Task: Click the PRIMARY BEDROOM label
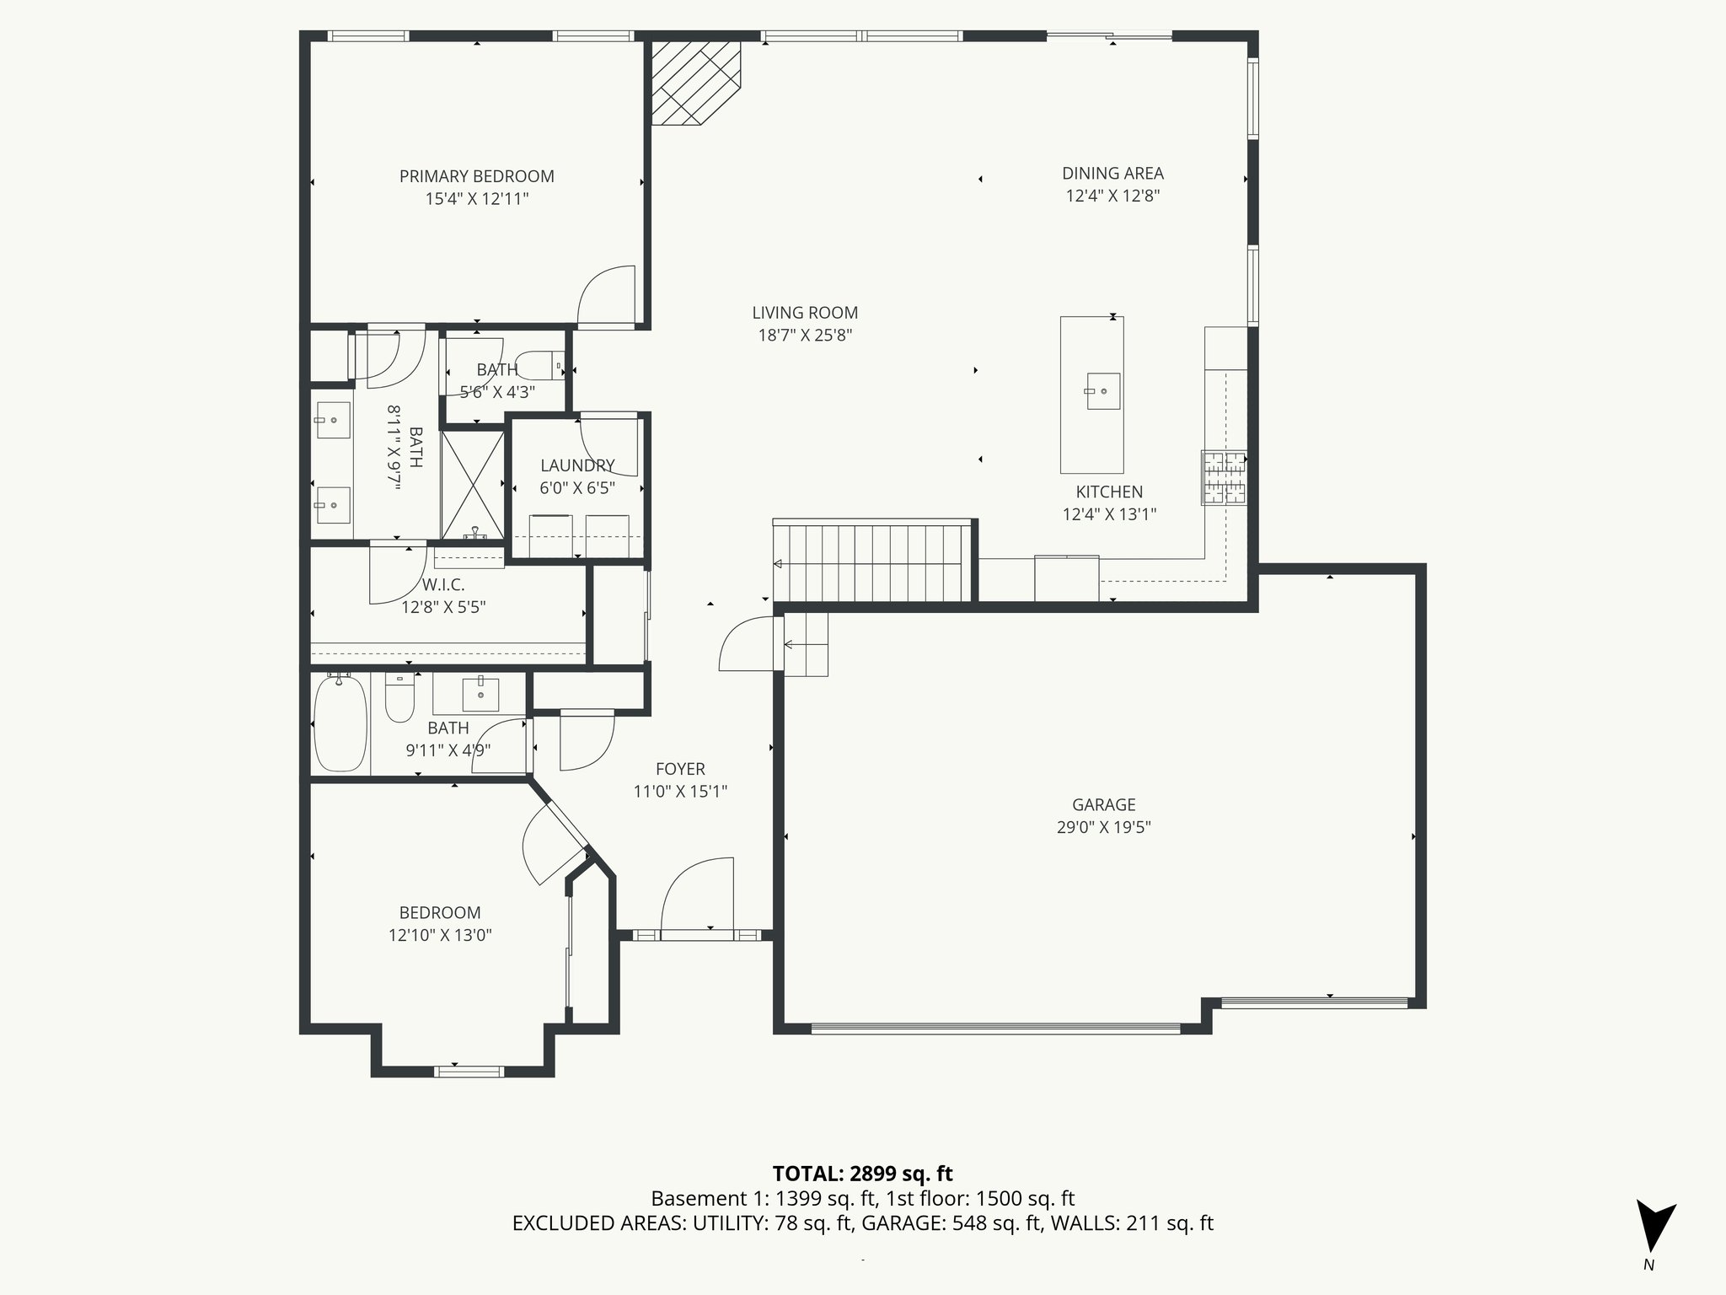coord(476,176)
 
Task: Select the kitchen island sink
coord(1102,391)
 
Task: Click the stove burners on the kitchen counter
coord(1224,478)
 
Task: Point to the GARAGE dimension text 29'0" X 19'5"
coord(1103,827)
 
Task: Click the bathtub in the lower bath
coord(340,723)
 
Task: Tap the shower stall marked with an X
coord(473,485)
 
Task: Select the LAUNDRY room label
coord(577,465)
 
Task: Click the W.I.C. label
coord(443,584)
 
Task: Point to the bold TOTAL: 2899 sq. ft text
coord(862,1174)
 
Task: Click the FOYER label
coord(680,769)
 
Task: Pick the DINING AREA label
coord(1112,174)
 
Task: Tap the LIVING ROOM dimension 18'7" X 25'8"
coord(805,335)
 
